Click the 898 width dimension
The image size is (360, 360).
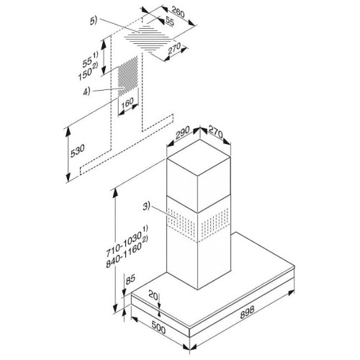[247, 312]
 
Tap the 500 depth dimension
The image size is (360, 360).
[158, 328]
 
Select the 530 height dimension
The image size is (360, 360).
[77, 150]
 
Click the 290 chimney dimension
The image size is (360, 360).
[183, 132]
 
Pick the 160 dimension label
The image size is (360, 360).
[127, 103]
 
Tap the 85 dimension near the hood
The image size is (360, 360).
[130, 279]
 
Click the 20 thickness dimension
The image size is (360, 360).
[153, 295]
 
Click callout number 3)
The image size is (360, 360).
[146, 206]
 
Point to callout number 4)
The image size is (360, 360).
[86, 91]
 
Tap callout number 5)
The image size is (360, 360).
[94, 21]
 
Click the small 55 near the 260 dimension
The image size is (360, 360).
[170, 22]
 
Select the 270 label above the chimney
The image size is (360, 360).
[216, 132]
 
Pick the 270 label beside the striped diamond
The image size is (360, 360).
[174, 49]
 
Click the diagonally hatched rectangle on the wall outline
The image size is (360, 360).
[127, 76]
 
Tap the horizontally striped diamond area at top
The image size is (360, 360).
[149, 38]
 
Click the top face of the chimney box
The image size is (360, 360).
[199, 158]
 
